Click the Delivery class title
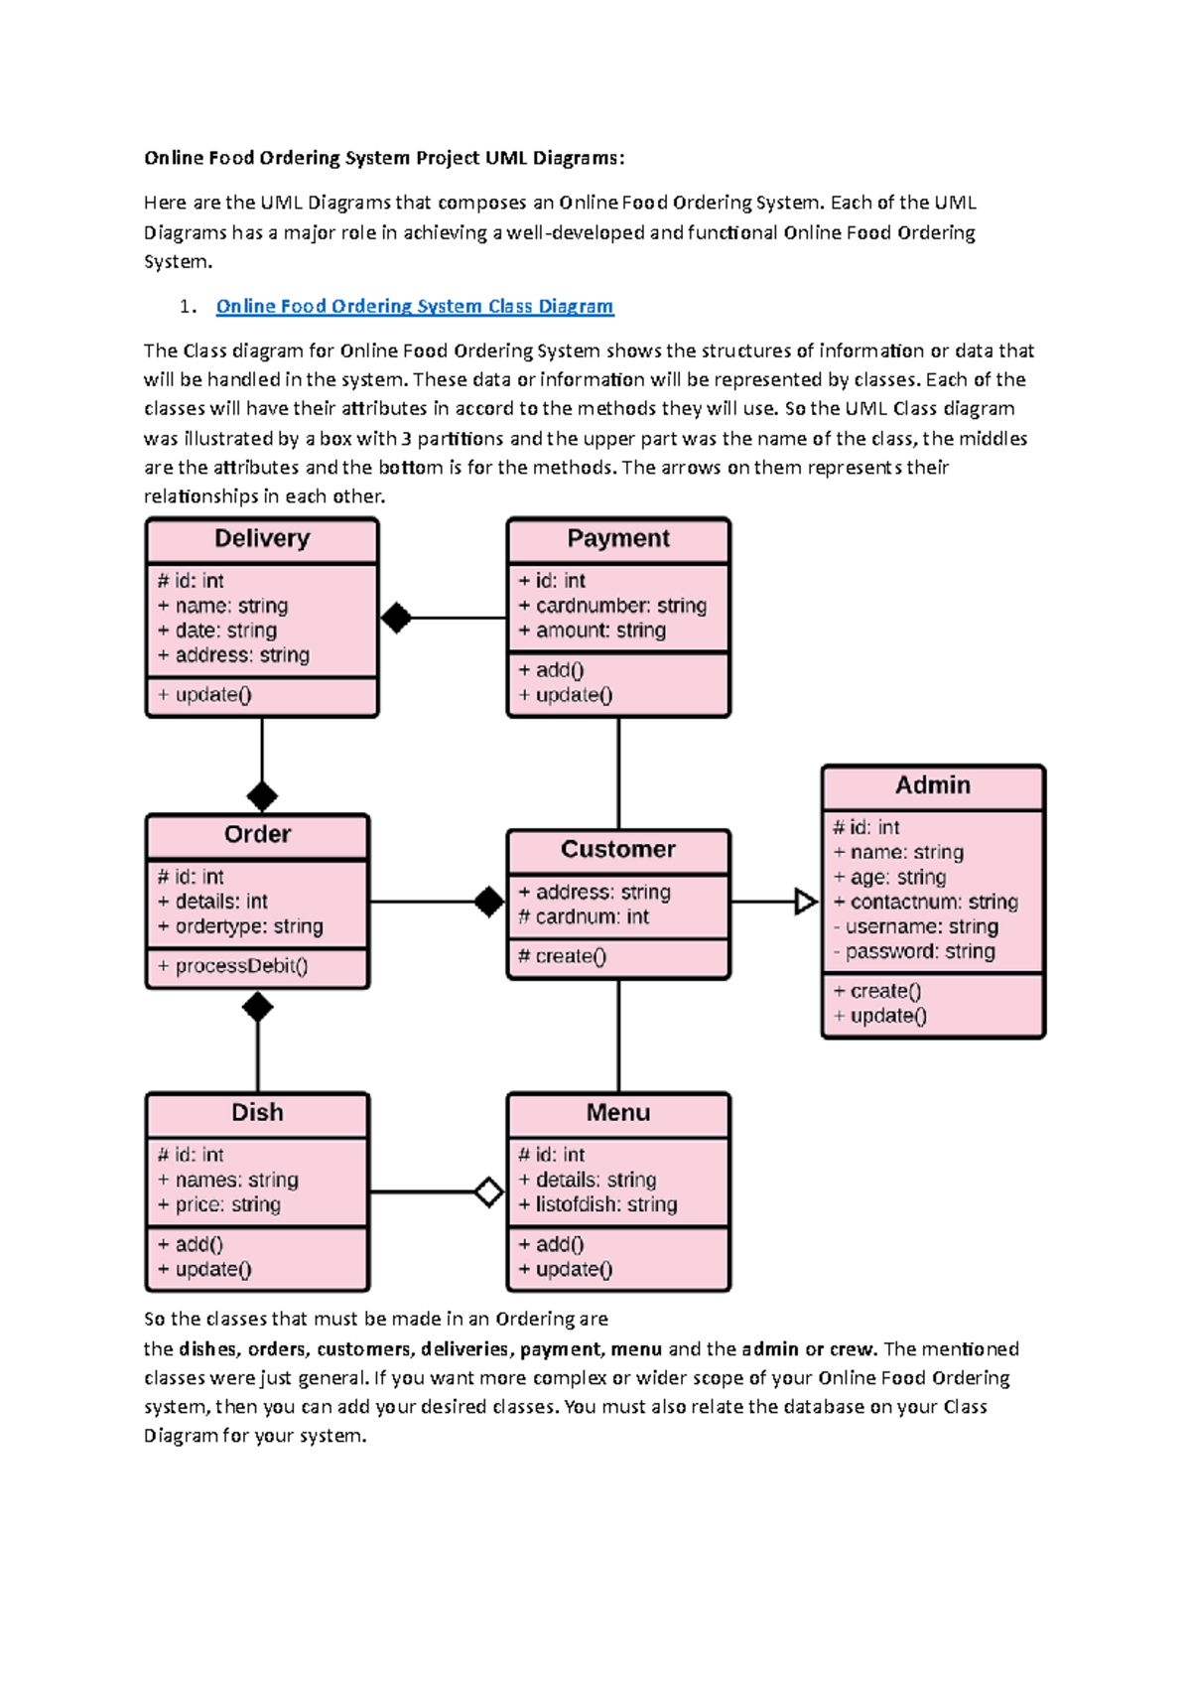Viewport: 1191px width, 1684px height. (262, 538)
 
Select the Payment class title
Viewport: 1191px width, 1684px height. (618, 538)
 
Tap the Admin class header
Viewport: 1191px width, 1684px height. (933, 785)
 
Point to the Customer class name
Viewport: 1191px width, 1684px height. (618, 850)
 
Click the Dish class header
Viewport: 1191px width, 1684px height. (257, 1113)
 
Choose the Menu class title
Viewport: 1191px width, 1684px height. (618, 1113)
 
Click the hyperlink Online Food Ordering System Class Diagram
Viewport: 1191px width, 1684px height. (415, 307)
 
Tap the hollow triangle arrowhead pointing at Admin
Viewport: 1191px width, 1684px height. (805, 902)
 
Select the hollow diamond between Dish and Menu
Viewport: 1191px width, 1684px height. (488, 1192)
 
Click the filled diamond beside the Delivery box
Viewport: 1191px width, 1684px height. (396, 618)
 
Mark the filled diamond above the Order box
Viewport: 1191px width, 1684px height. (262, 796)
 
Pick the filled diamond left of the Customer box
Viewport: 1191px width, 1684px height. (488, 902)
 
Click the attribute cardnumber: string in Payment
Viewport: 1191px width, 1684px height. (612, 606)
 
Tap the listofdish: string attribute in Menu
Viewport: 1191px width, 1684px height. (597, 1205)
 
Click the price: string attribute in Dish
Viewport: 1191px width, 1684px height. (219, 1205)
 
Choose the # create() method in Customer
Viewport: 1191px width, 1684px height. (562, 957)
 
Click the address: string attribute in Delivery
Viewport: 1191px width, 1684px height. (233, 655)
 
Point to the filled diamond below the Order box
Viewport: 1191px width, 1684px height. (257, 1008)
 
